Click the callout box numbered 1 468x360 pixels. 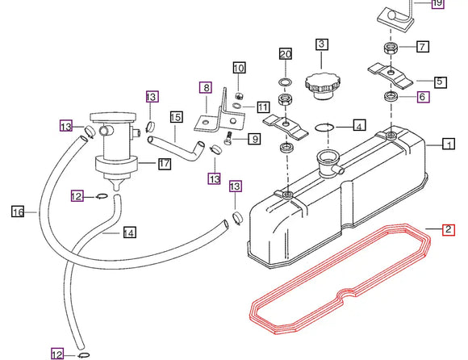(x=448, y=145)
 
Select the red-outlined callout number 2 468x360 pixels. (x=448, y=230)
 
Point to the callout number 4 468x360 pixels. (x=359, y=126)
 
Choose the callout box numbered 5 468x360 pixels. (x=440, y=82)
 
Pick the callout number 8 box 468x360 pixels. (x=206, y=87)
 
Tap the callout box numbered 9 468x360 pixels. (x=253, y=139)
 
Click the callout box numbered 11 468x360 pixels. (x=263, y=107)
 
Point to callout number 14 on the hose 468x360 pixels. (x=129, y=233)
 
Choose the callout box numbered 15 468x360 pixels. (x=176, y=117)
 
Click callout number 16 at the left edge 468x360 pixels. (x=18, y=212)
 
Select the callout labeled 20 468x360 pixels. (x=284, y=54)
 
